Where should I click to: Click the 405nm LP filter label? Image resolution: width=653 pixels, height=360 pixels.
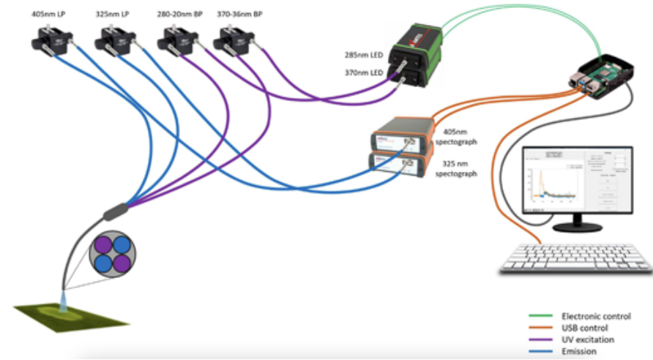47,14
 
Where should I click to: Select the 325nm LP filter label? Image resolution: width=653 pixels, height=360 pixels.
111,14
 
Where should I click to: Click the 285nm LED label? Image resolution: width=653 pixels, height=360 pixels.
363,55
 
